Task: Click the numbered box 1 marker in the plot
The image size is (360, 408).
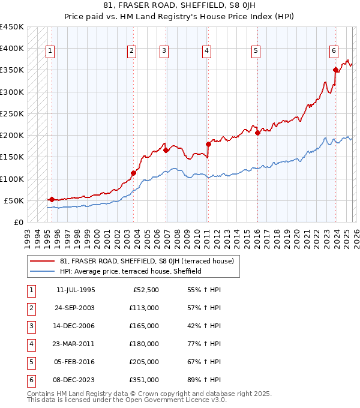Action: click(50, 52)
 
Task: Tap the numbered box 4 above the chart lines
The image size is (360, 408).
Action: click(206, 52)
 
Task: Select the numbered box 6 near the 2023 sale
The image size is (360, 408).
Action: click(334, 52)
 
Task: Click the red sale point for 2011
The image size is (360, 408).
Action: click(208, 144)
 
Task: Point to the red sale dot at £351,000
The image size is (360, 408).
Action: click(335, 70)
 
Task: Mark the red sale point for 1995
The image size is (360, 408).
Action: click(52, 199)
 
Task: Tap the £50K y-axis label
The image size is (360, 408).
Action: click(14, 200)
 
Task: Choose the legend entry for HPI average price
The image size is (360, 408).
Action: click(130, 271)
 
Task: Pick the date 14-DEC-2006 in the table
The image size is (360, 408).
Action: click(75, 327)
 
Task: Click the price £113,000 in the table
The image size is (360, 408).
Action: click(144, 308)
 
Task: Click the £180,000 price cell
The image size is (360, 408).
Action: click(144, 344)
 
